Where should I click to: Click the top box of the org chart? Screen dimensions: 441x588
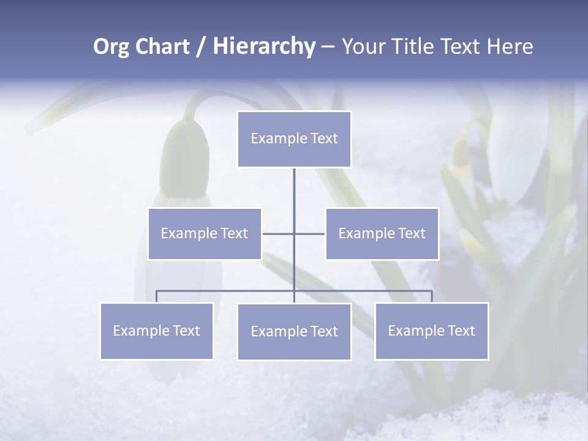point(294,139)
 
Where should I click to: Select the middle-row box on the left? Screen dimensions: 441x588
point(205,233)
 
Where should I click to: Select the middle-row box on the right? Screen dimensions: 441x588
point(382,233)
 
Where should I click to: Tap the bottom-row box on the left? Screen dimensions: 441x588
point(156,331)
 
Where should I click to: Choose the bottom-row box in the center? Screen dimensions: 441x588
point(294,331)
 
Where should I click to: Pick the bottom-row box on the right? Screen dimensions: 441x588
point(431,331)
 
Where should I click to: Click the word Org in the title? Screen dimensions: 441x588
point(111,47)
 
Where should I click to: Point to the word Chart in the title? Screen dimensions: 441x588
point(162,47)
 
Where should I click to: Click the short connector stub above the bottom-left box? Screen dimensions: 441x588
point(156,296)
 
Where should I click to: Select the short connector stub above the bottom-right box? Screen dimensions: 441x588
point(432,296)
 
